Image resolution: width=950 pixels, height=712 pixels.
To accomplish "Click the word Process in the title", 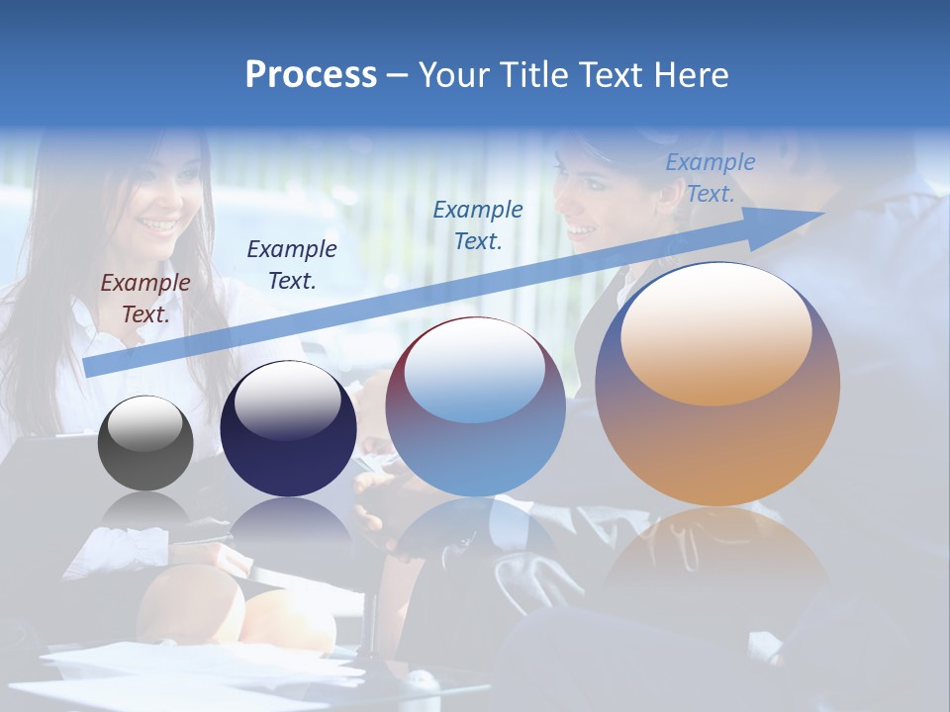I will click(x=311, y=75).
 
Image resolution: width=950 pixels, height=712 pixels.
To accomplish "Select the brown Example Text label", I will click(x=145, y=299).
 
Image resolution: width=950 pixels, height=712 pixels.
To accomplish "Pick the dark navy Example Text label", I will click(x=292, y=264).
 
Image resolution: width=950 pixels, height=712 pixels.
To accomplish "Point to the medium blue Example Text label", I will click(x=478, y=224).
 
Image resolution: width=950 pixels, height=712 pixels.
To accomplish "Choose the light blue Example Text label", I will click(x=710, y=178).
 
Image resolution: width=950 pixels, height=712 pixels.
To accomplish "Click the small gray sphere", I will click(x=145, y=443).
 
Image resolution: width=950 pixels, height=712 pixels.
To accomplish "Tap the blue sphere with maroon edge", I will click(x=475, y=406).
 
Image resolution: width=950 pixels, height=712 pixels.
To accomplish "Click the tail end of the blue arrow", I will click(x=87, y=367).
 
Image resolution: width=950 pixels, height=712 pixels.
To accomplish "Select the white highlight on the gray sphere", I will click(x=144, y=422).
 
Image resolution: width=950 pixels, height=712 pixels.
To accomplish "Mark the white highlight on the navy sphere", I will click(x=288, y=400).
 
